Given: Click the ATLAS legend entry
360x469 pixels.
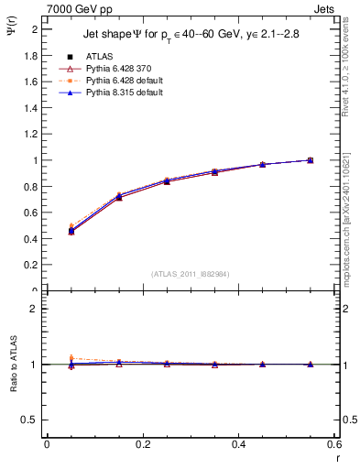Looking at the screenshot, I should (x=98, y=56).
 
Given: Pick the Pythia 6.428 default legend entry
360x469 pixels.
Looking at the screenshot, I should (x=114, y=81).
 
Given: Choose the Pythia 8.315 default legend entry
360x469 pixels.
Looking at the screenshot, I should (x=114, y=93).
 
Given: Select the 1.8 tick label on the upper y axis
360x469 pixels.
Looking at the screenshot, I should (x=30, y=55).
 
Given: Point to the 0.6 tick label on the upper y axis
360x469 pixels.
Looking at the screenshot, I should (x=30, y=213).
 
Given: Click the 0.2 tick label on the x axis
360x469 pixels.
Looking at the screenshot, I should (x=142, y=445).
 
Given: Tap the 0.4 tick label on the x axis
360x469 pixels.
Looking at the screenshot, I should (x=238, y=445).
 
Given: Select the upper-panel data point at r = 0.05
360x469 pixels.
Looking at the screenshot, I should (x=71, y=230).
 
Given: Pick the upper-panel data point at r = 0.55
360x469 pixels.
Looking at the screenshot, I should (x=311, y=160).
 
